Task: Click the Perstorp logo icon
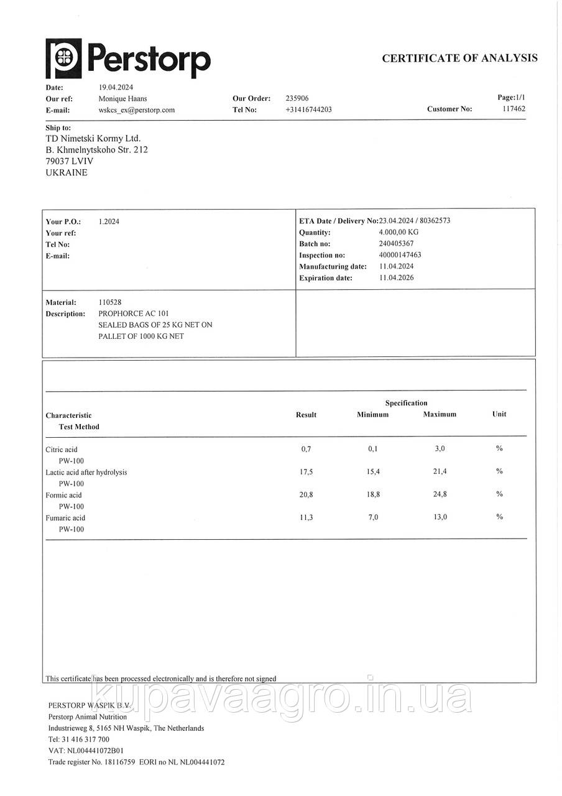[x=63, y=58]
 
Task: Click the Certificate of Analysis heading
[x=459, y=58]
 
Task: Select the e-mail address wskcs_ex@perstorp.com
[x=137, y=110]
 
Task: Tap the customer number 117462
[x=514, y=109]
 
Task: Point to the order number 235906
[x=297, y=98]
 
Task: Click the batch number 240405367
[x=396, y=244]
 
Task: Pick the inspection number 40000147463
[x=400, y=255]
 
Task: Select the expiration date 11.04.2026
[x=396, y=278]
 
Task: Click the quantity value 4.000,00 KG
[x=398, y=232]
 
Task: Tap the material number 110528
[x=110, y=302]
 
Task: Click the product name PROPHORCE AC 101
[x=133, y=313]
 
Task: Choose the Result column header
[x=306, y=415]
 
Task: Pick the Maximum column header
[x=440, y=414]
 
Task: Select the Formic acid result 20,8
[x=306, y=495]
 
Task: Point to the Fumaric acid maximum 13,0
[x=440, y=517]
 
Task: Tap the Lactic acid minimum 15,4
[x=373, y=472]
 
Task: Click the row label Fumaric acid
[x=65, y=518]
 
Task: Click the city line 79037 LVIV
[x=70, y=161]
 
